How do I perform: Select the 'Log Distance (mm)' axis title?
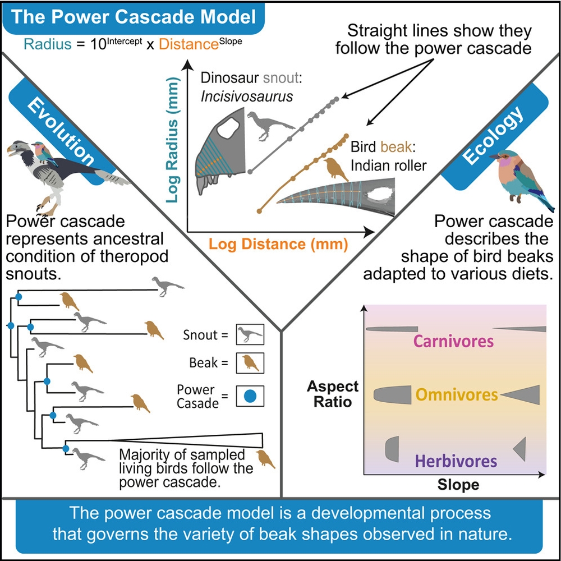(278, 244)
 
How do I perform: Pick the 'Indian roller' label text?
(387, 165)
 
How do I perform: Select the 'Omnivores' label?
(457, 394)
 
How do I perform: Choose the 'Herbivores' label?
(456, 461)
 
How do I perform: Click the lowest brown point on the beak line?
(259, 211)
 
